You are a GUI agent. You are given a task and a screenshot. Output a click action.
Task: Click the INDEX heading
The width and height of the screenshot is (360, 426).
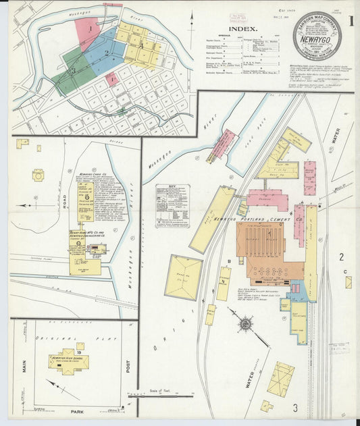pos(242,28)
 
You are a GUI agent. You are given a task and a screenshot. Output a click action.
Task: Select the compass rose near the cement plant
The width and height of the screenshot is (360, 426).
pos(244,323)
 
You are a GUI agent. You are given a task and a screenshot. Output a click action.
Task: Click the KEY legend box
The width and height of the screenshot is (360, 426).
pos(172,205)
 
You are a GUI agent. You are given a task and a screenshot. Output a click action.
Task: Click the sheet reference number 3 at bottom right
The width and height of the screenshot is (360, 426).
pos(295,407)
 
